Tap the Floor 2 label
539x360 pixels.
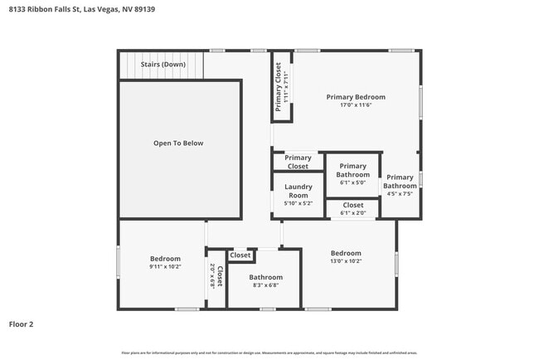(x=22, y=324)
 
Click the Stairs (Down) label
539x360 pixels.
(x=163, y=65)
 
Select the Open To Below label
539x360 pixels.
(x=177, y=144)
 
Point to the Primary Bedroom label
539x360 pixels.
(x=355, y=97)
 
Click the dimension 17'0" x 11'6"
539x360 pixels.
(x=355, y=105)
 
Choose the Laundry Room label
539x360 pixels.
(x=298, y=192)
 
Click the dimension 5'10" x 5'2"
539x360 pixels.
(x=298, y=203)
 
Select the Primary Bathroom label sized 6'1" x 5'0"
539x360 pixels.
(x=352, y=171)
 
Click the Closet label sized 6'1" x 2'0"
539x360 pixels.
(x=352, y=205)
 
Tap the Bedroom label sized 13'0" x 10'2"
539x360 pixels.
(x=346, y=253)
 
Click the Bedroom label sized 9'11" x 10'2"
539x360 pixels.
(x=164, y=259)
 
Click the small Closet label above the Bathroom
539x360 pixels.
(x=240, y=255)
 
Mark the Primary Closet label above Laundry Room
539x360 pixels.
(x=298, y=162)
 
